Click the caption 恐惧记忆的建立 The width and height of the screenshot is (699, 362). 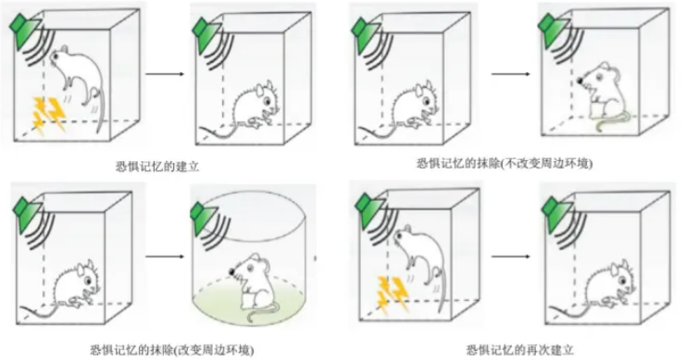coord(156,167)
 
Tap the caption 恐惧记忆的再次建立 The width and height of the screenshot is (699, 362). coord(520,350)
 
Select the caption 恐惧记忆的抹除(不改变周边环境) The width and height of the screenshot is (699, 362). coord(505,164)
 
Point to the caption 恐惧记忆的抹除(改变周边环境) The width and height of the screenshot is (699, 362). coord(172,350)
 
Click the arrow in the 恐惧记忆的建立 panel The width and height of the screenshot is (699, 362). coord(165,74)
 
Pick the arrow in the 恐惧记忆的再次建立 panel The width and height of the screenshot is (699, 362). coord(511,256)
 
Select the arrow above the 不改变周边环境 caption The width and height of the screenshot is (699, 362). coord(511,74)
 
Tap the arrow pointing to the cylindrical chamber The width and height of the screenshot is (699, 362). coord(165,256)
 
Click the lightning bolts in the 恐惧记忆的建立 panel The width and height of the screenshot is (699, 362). coord(48,115)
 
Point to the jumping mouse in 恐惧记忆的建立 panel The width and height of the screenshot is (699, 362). coord(80,81)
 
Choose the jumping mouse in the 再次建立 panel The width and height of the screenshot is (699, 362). coord(420,263)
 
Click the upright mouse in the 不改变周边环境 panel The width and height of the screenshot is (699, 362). coord(605,96)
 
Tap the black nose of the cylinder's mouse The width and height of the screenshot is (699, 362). coord(232,271)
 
